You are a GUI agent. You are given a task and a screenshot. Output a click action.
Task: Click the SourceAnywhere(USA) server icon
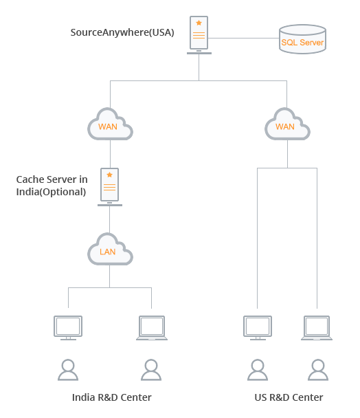199,35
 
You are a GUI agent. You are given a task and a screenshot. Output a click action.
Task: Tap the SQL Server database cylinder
302,39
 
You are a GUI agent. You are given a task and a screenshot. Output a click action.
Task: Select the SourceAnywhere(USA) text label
122,32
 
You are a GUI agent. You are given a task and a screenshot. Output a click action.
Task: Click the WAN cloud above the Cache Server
110,124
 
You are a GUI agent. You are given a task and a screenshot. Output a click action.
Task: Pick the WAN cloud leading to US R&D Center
287,124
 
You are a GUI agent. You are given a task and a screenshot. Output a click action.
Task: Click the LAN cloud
110,249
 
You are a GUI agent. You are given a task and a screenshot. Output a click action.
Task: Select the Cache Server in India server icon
110,187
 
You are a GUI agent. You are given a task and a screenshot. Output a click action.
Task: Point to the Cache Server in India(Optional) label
52,186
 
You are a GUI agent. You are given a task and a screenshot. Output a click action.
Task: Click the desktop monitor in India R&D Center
68,328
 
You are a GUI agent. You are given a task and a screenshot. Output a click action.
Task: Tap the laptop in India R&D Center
152,328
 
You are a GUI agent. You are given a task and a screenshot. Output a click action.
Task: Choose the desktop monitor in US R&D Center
258,328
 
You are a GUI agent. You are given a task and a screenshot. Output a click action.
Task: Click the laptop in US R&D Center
317,328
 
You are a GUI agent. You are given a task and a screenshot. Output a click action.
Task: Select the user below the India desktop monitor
68,370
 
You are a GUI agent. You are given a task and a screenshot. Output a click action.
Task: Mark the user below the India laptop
151,370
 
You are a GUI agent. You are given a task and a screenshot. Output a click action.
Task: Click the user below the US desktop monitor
258,370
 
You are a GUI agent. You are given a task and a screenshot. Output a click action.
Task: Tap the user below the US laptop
318,370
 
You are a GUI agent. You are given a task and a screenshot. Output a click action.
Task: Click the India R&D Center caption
112,397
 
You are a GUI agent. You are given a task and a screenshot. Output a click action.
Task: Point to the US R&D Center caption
289,397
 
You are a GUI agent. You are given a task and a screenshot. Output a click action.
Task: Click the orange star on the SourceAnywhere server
199,23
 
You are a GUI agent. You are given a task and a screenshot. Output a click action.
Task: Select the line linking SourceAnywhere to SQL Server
244,38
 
